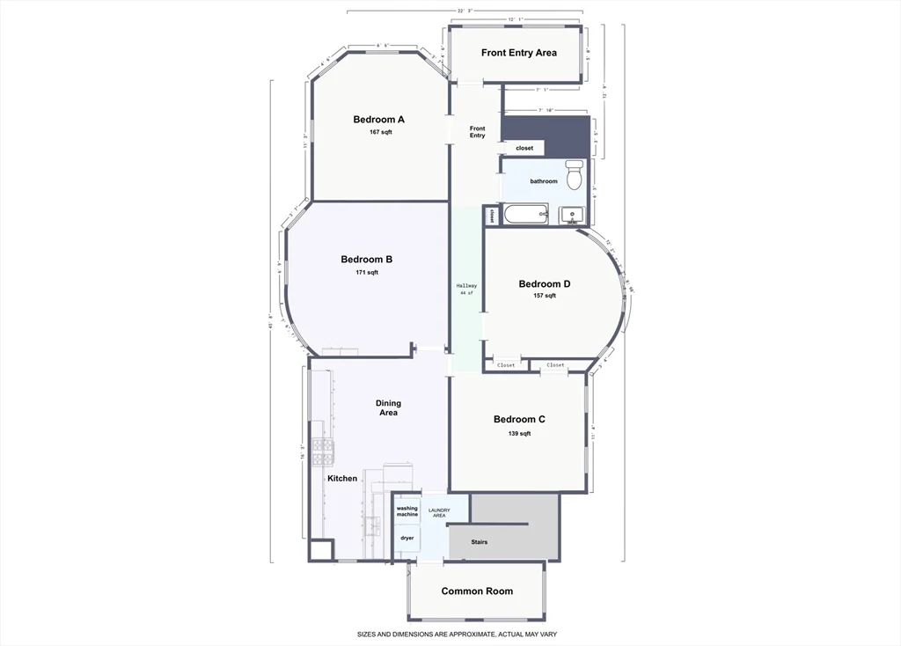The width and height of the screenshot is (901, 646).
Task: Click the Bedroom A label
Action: point(378,120)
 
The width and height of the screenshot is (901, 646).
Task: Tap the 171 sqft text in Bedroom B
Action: point(366,273)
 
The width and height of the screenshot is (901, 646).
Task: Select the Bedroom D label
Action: point(544,284)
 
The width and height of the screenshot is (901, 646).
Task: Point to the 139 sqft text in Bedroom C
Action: point(519,433)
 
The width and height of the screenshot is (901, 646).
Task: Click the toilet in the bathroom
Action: point(574,175)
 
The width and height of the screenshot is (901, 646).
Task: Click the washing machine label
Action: point(407,511)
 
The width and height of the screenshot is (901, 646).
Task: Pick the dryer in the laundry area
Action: point(407,538)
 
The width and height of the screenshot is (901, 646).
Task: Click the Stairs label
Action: point(479,542)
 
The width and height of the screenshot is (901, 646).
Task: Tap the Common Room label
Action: point(476,591)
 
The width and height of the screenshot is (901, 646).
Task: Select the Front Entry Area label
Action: point(518,53)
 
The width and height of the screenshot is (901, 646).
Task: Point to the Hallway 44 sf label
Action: point(466,289)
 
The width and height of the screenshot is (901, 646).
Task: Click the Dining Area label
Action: point(388,408)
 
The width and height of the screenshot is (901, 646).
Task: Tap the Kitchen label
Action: point(342,479)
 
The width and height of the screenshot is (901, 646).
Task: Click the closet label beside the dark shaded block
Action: point(524,149)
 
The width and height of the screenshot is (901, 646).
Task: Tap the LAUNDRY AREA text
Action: point(439,512)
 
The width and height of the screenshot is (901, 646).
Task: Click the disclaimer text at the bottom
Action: point(457,634)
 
